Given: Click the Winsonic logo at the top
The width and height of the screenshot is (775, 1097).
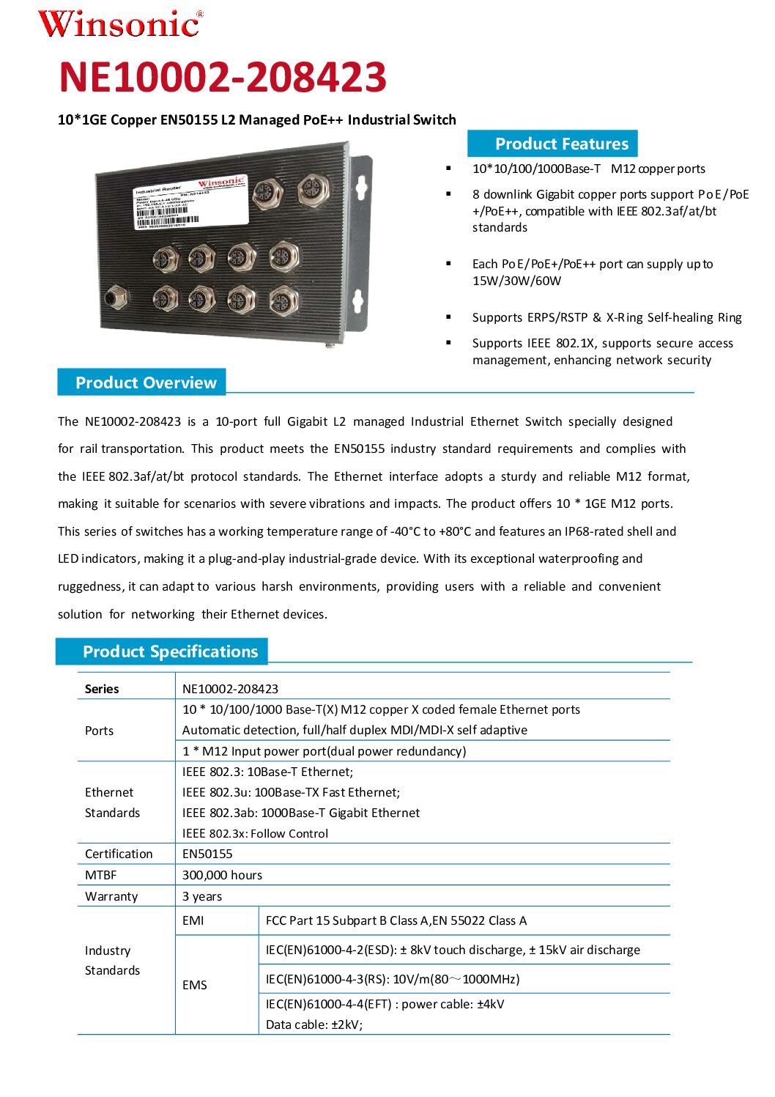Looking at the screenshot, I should (x=120, y=23).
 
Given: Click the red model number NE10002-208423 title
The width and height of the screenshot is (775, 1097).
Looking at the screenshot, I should (x=223, y=77).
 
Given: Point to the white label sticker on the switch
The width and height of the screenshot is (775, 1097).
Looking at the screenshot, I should (x=190, y=202).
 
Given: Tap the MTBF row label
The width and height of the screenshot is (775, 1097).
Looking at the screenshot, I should (x=100, y=875).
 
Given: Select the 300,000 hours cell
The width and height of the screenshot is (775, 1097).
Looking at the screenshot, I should (x=222, y=875).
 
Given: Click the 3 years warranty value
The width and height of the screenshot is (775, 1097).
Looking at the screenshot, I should (x=202, y=896).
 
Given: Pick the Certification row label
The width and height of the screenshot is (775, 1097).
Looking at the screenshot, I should (x=119, y=854).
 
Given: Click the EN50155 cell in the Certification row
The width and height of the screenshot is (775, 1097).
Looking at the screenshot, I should (x=207, y=854).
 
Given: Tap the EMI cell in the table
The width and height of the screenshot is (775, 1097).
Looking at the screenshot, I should (x=193, y=920).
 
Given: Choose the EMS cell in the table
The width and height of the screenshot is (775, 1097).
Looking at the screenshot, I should (x=195, y=985).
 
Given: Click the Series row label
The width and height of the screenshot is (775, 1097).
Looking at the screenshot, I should (x=102, y=689).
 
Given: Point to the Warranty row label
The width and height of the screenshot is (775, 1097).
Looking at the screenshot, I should (x=111, y=896).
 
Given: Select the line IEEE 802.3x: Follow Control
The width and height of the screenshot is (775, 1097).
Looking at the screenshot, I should (x=255, y=833).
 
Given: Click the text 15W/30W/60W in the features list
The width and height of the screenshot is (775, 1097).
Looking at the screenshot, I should (x=517, y=281).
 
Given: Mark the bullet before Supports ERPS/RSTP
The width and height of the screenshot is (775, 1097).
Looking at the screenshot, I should (x=448, y=317).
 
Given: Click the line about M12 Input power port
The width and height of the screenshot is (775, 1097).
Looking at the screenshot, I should (x=324, y=751).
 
